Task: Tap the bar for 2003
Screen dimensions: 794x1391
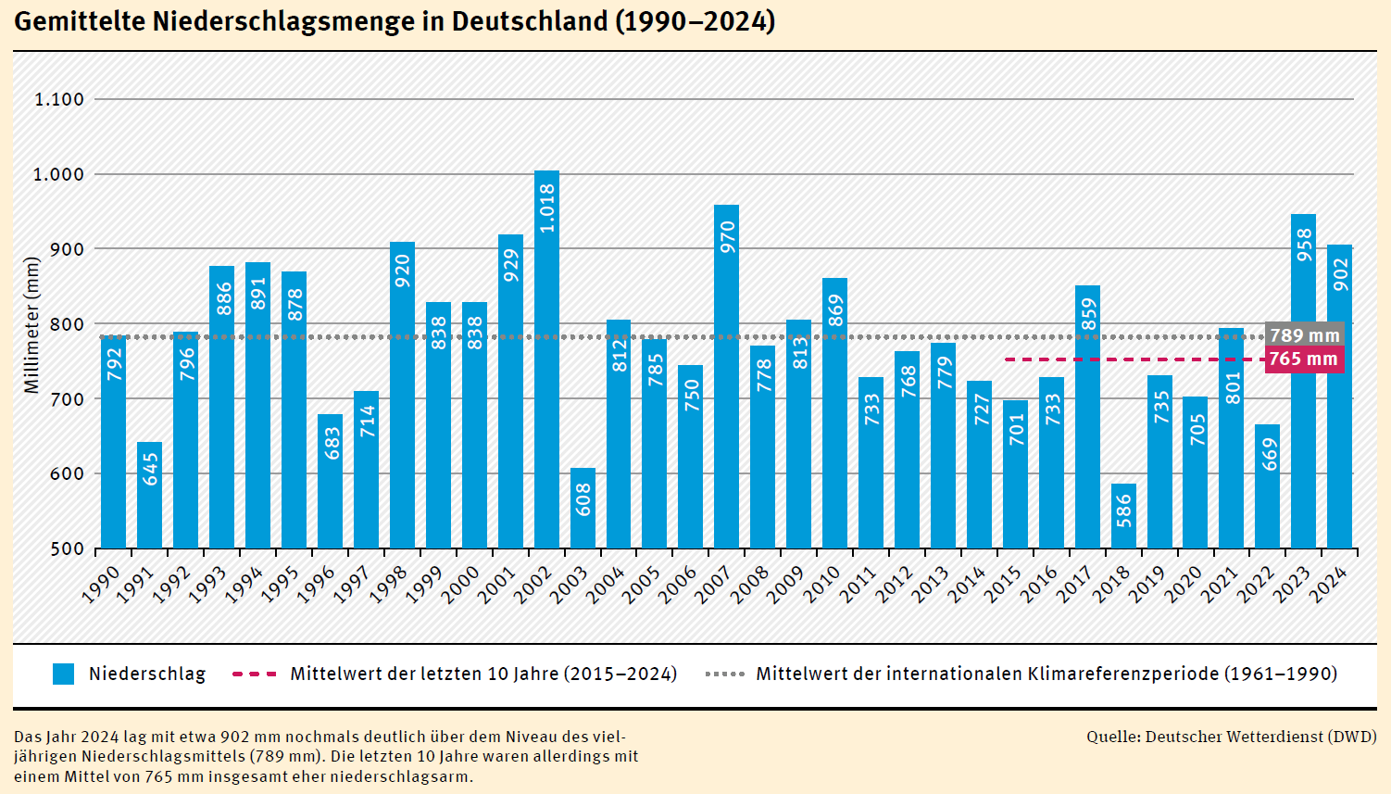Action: [583, 509]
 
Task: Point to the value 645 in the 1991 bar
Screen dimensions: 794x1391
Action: [150, 469]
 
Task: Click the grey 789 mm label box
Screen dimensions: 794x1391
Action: [1304, 335]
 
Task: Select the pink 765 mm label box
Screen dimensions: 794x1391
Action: [1304, 359]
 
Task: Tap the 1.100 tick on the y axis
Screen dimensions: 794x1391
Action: [59, 99]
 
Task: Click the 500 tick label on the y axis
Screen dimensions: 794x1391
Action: [68, 548]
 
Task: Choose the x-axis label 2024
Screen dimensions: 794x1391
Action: [1327, 585]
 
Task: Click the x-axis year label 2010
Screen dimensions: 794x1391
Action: [822, 585]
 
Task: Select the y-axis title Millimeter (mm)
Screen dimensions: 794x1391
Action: [32, 325]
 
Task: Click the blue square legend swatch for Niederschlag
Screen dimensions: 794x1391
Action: [63, 674]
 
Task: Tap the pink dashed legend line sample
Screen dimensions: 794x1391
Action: [254, 674]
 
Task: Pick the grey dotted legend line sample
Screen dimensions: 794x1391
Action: [724, 674]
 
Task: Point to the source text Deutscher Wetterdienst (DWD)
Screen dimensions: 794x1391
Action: [1260, 737]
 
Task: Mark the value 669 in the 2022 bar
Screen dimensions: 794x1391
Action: [1269, 454]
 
